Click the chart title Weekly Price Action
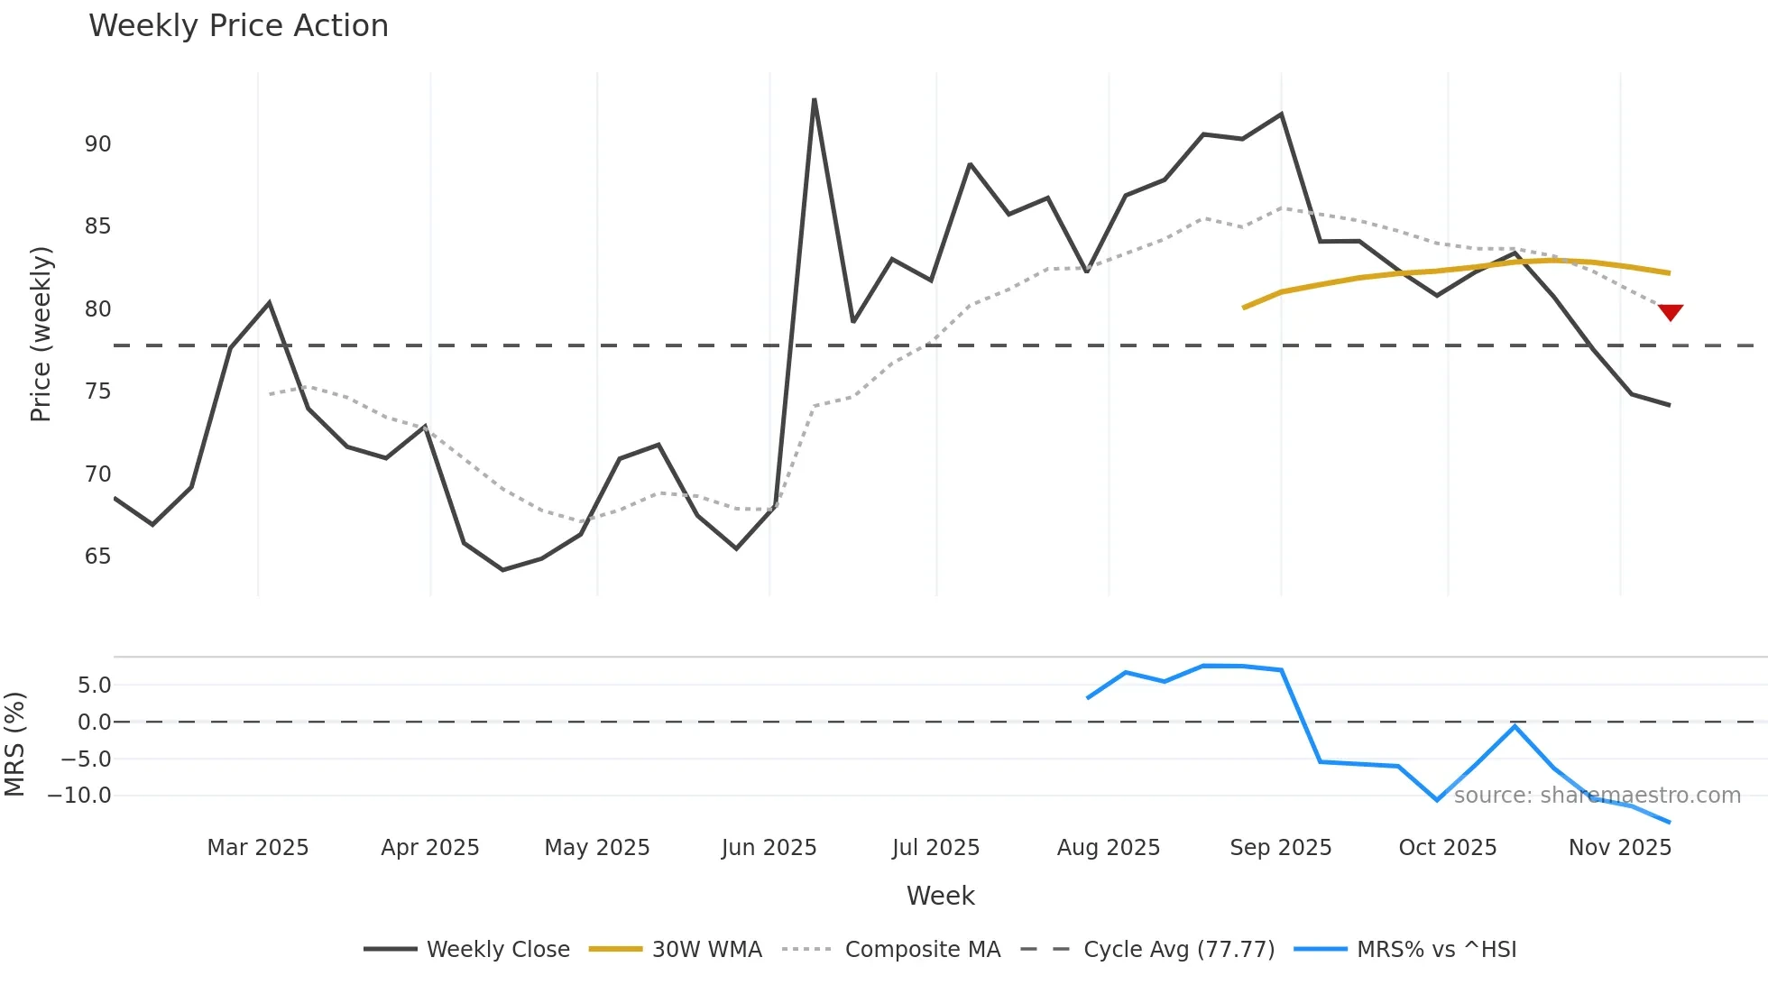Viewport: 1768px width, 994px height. [238, 26]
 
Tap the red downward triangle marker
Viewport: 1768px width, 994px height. [1671, 312]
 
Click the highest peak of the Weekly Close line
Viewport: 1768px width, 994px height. [814, 100]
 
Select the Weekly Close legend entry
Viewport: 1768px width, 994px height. [467, 950]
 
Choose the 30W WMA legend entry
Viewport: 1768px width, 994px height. [676, 950]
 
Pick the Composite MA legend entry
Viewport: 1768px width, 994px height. [892, 950]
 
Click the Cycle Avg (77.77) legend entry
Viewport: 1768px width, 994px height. [1148, 950]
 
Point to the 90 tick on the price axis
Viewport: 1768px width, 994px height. [97, 144]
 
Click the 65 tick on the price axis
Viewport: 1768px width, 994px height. [97, 557]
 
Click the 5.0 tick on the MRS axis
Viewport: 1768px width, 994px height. [94, 686]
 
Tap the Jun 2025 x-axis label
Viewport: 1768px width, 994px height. [769, 848]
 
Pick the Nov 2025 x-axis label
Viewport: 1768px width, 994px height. [1620, 848]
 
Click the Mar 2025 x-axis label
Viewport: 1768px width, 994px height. [258, 848]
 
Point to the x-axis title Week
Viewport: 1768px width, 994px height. [940, 896]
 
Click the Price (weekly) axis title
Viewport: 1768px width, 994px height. [41, 334]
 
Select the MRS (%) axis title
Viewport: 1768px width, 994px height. [14, 744]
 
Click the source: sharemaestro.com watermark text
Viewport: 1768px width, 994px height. [1597, 796]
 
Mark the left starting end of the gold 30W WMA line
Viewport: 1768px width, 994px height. [1244, 308]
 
